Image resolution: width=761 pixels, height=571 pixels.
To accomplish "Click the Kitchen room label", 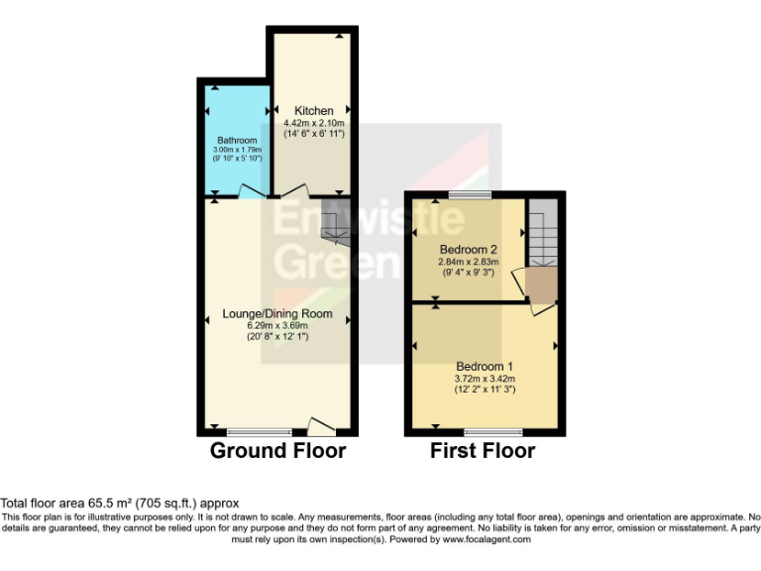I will [x=314, y=110].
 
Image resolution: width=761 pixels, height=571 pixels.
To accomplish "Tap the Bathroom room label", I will [x=237, y=141].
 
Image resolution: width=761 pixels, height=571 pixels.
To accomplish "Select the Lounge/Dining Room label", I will [x=276, y=314].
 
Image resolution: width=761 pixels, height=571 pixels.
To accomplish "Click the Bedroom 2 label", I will [x=468, y=249].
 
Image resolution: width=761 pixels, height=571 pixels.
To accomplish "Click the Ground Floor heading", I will [x=277, y=451].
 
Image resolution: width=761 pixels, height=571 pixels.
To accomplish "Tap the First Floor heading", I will [x=483, y=451].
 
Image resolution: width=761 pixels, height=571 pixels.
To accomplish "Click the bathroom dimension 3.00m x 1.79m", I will [x=237, y=150].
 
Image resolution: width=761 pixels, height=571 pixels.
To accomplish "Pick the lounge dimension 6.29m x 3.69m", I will [x=276, y=325].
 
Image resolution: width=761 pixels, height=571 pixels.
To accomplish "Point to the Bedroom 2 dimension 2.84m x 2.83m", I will [x=468, y=261].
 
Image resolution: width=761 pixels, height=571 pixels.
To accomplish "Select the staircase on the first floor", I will [x=542, y=238].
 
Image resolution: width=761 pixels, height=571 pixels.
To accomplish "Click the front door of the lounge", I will [x=321, y=427].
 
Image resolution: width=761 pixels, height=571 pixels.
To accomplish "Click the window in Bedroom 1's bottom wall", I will [x=493, y=432].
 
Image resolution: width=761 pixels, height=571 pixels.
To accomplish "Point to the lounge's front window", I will [x=260, y=432].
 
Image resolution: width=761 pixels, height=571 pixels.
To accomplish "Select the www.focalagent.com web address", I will [x=487, y=540].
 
